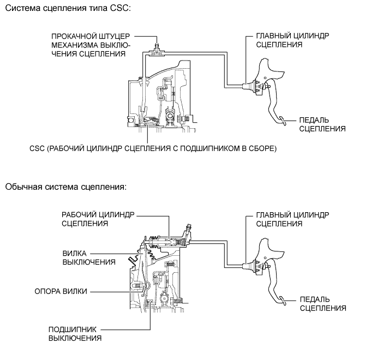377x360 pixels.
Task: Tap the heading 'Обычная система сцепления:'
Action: tap(65, 187)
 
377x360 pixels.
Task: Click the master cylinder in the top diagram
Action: tap(252, 85)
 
